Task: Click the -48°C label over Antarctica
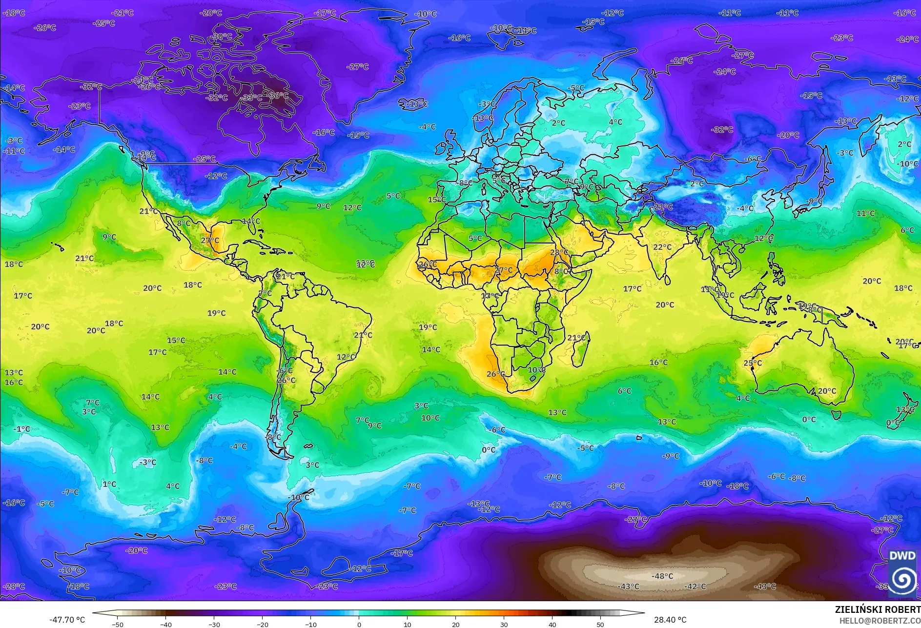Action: (x=662, y=576)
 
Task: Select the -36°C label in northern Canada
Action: (x=278, y=96)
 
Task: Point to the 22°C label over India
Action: (x=662, y=247)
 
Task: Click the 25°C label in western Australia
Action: (x=753, y=363)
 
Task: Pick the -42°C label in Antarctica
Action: (x=695, y=587)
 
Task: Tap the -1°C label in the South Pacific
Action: (x=22, y=429)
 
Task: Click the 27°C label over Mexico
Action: (x=210, y=241)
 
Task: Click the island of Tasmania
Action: (x=836, y=415)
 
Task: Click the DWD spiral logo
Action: (x=902, y=578)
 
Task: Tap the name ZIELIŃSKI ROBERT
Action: (x=877, y=609)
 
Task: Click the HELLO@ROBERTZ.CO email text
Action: (x=880, y=621)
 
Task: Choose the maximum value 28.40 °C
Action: (x=670, y=620)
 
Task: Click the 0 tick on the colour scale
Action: (x=359, y=624)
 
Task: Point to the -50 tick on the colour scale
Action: (x=118, y=624)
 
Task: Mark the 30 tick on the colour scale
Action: (x=504, y=624)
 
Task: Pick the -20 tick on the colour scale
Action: (x=263, y=624)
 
